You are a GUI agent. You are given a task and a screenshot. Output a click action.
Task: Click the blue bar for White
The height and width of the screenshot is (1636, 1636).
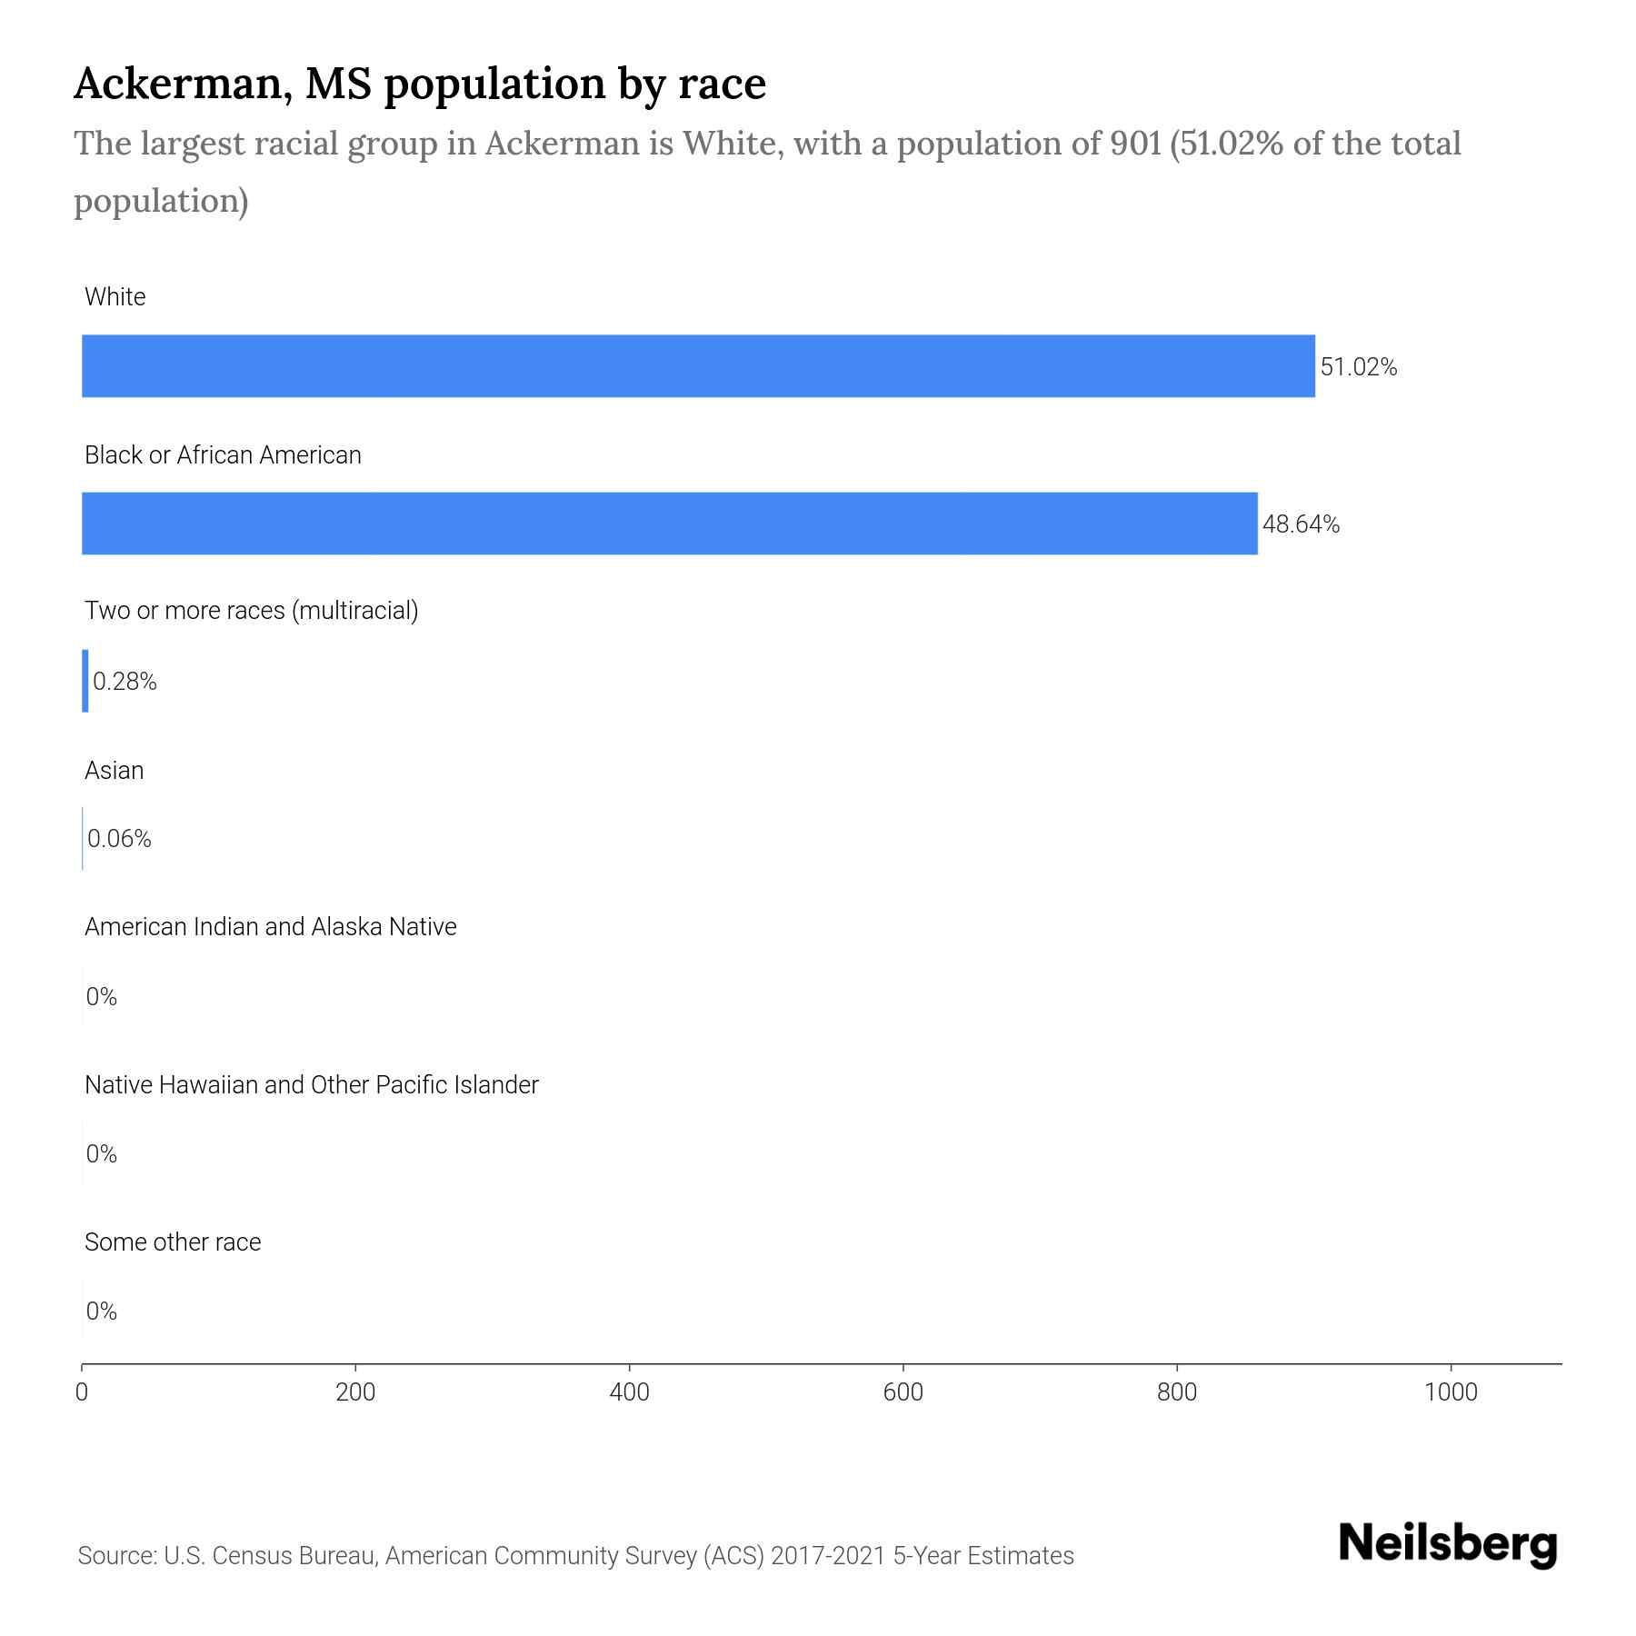[698, 366]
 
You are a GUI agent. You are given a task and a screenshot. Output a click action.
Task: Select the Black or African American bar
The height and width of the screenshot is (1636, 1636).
[670, 524]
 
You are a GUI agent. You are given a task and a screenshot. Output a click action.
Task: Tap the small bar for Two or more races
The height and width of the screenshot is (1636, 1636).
[85, 681]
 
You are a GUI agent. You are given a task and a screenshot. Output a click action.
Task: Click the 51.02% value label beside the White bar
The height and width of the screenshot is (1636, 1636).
[1358, 367]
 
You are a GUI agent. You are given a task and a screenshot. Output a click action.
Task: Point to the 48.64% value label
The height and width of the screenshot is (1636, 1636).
[1301, 524]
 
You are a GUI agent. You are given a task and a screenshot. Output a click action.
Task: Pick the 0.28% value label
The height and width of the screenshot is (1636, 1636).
[125, 682]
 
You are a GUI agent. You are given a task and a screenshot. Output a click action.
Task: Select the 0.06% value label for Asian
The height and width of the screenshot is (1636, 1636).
[120, 839]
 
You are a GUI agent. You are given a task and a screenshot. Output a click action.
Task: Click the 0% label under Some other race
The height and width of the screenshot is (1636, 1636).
[102, 1311]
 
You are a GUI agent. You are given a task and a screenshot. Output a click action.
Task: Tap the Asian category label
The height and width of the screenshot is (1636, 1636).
[115, 771]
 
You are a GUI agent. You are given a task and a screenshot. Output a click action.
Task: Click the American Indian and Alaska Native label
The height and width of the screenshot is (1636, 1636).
[271, 927]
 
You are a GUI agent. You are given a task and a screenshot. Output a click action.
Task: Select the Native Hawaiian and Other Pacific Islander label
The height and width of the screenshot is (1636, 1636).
[312, 1085]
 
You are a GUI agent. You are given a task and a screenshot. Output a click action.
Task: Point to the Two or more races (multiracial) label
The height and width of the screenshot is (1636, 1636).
[252, 611]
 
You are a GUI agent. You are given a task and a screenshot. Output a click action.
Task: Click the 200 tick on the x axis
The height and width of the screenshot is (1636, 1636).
[355, 1392]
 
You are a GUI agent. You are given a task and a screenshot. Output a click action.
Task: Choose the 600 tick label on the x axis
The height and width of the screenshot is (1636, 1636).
[903, 1392]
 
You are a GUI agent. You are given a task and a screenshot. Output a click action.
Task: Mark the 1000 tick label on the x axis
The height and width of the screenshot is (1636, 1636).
[1451, 1392]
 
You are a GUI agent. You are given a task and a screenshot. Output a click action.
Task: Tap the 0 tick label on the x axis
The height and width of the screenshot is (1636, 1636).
[82, 1392]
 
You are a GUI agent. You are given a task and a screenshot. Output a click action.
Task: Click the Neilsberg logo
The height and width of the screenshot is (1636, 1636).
[1448, 1544]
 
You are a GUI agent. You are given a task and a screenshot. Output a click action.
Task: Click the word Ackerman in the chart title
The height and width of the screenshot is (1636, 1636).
[183, 84]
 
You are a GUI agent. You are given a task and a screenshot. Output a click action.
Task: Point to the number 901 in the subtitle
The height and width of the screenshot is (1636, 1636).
[1135, 144]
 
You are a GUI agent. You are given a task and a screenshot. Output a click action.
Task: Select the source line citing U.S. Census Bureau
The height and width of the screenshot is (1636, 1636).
[576, 1556]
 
